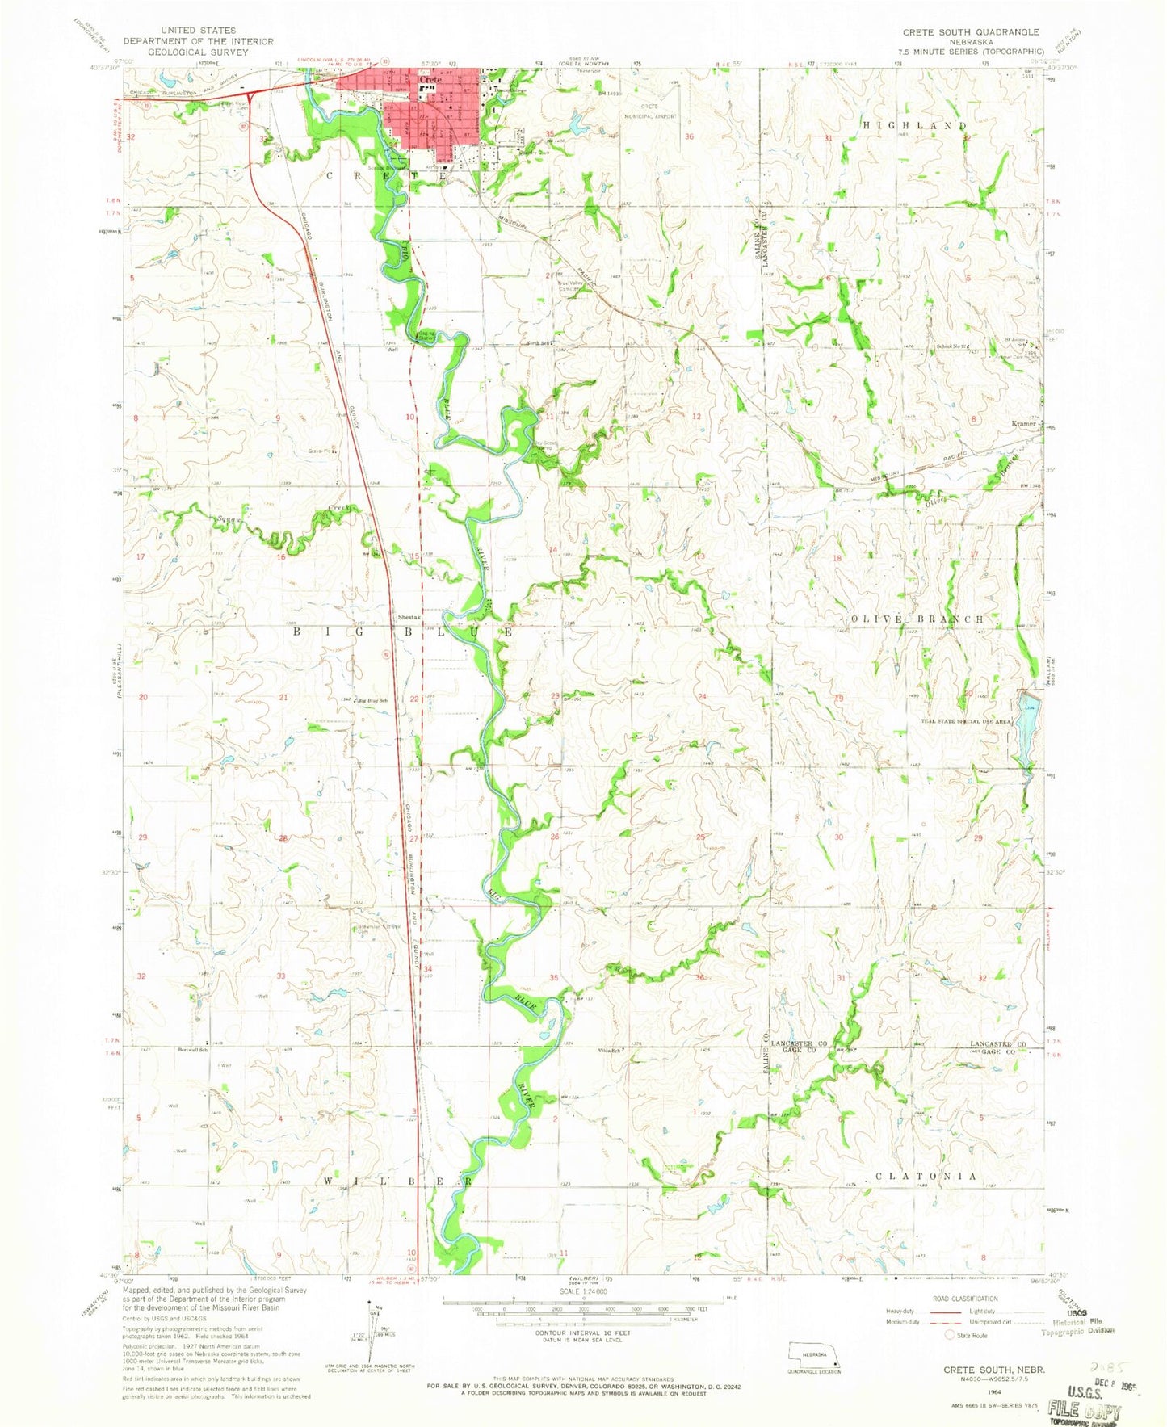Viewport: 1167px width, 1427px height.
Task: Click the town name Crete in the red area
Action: coord(430,81)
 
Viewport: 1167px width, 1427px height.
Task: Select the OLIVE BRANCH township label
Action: coord(918,619)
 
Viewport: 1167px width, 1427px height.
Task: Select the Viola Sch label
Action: coord(610,1051)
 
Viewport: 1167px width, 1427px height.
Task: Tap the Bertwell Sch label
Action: coord(194,1050)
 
